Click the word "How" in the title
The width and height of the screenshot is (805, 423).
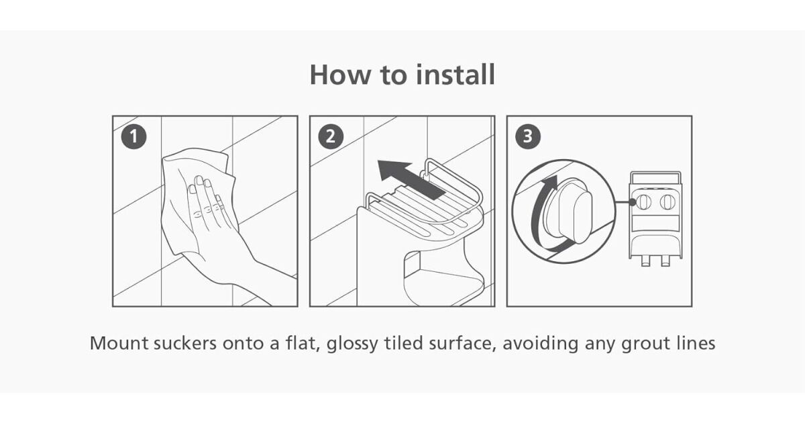339,75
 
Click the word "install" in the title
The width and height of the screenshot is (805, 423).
455,74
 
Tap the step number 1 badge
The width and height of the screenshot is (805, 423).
133,137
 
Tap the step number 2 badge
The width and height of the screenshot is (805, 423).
331,137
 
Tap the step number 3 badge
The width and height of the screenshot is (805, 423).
527,137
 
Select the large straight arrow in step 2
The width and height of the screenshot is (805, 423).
411,179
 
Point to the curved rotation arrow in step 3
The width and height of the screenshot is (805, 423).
539,216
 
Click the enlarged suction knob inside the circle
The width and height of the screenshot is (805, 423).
567,211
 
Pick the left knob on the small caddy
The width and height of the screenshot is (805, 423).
643,203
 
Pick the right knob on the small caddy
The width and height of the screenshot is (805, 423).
667,203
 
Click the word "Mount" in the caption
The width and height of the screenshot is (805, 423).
119,343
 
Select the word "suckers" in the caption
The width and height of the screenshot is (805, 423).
185,343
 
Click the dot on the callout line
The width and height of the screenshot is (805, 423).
633,202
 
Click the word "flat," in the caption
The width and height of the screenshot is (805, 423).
303,344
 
